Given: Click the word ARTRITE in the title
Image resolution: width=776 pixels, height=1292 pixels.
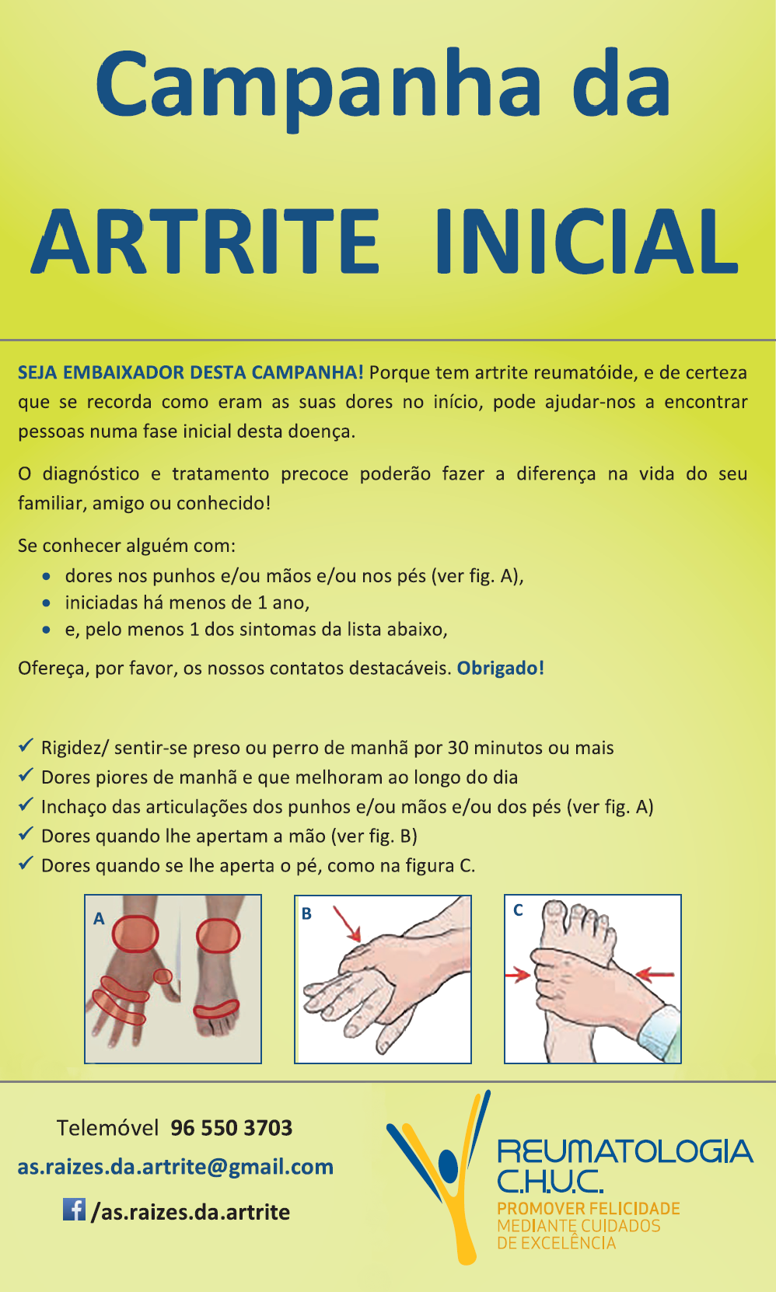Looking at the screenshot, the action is (x=205, y=240).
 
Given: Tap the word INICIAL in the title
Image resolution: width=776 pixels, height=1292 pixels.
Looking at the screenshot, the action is (x=587, y=240).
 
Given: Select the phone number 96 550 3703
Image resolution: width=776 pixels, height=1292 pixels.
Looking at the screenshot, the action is (x=232, y=1128).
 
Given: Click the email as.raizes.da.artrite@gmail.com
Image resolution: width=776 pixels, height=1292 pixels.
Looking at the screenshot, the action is (x=176, y=1167).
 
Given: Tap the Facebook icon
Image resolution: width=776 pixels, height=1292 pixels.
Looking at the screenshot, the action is (x=74, y=1209).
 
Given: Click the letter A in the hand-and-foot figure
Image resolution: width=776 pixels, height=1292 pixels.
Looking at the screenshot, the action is (x=99, y=918).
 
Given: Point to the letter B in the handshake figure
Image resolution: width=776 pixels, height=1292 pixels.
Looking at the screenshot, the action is (x=307, y=913).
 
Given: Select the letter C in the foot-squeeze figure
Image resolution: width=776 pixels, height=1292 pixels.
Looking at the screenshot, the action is (x=518, y=910).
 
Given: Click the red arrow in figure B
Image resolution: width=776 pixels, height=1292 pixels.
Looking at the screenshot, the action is (x=347, y=924).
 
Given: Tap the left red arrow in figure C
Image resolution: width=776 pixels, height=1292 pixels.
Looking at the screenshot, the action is (x=518, y=976).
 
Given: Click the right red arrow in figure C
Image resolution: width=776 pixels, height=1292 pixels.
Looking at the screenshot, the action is (x=655, y=975).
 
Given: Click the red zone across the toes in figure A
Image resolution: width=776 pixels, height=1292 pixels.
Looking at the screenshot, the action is (x=216, y=1009).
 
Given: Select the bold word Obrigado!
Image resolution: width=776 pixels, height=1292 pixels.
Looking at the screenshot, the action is (x=500, y=668).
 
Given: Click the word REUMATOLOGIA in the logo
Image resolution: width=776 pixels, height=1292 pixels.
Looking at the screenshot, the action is (x=625, y=1151).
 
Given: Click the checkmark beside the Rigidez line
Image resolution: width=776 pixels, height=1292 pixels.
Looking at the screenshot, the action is (x=26, y=746).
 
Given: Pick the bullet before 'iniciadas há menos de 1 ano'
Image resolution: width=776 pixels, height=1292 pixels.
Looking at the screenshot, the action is (x=46, y=603).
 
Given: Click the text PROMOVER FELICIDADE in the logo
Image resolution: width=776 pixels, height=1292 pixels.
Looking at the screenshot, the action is (x=589, y=1209).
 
